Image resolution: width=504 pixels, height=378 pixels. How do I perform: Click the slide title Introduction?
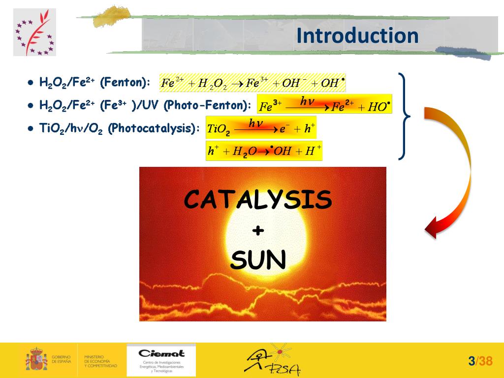(x=357, y=36)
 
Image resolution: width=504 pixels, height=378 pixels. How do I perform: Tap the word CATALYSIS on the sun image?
(x=258, y=200)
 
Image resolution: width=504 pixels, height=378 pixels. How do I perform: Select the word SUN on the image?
(x=258, y=260)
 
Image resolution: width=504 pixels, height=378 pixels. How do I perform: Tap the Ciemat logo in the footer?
(x=161, y=360)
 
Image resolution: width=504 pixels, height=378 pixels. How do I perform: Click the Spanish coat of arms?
(x=36, y=359)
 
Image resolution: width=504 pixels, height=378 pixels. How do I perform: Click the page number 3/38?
(x=480, y=361)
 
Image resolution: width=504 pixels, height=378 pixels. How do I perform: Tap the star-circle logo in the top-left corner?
(x=34, y=32)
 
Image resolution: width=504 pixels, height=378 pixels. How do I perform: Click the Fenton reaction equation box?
(x=252, y=82)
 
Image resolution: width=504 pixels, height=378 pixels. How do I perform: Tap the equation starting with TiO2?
(x=261, y=128)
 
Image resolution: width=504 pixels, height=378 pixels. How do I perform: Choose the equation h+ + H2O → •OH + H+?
(x=264, y=151)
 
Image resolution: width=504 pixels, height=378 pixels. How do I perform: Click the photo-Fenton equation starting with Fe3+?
(x=324, y=104)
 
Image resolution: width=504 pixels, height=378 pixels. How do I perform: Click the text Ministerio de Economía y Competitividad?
(x=100, y=361)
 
